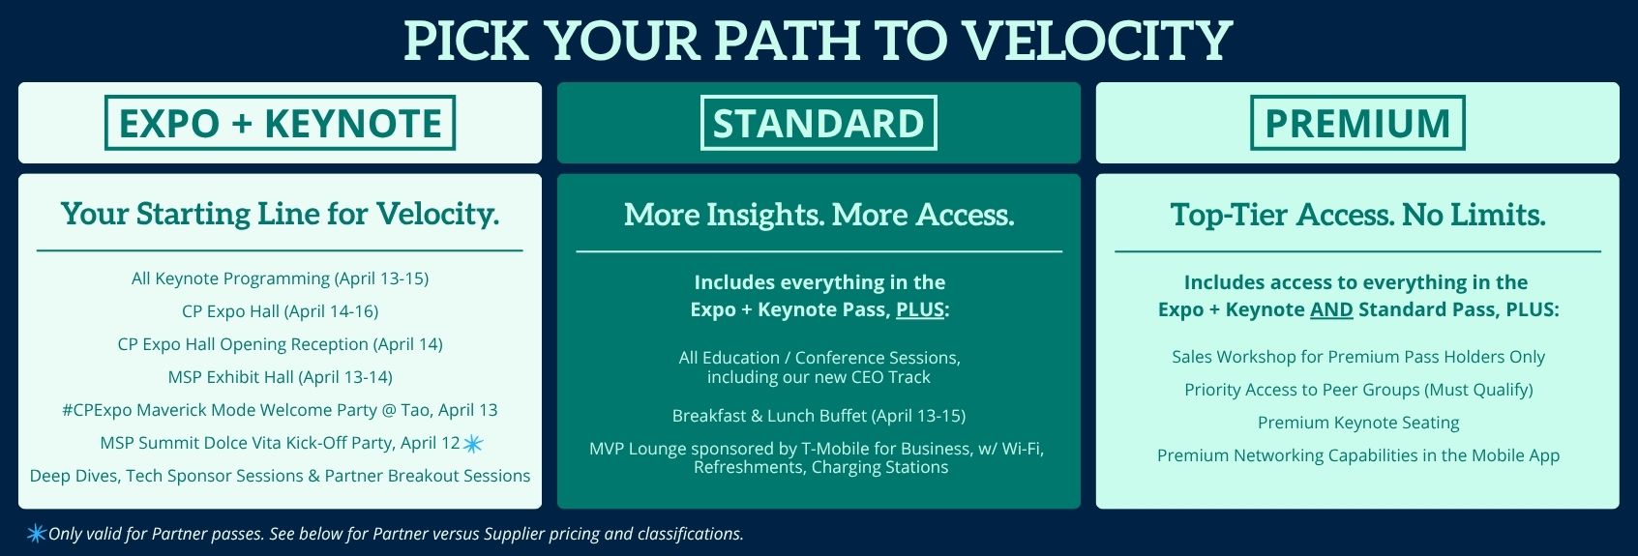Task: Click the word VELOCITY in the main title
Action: (1097, 41)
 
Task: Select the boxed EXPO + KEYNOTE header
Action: (280, 123)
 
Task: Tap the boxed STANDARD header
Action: (819, 123)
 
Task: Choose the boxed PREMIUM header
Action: (1357, 123)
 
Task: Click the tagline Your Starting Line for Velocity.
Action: (280, 214)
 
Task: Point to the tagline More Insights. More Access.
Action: (819, 215)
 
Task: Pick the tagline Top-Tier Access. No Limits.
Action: (1358, 215)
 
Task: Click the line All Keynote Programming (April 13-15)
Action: (280, 279)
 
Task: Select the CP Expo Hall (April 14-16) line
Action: (280, 312)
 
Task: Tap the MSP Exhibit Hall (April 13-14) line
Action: (280, 378)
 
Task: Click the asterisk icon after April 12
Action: (473, 444)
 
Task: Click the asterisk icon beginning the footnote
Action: (37, 534)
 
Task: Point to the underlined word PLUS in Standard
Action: (920, 309)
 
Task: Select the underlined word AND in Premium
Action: (1331, 309)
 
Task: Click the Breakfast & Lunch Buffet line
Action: (819, 417)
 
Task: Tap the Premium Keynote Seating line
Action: (1358, 423)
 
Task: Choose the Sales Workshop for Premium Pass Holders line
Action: (1358, 357)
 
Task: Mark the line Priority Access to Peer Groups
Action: (1358, 390)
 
